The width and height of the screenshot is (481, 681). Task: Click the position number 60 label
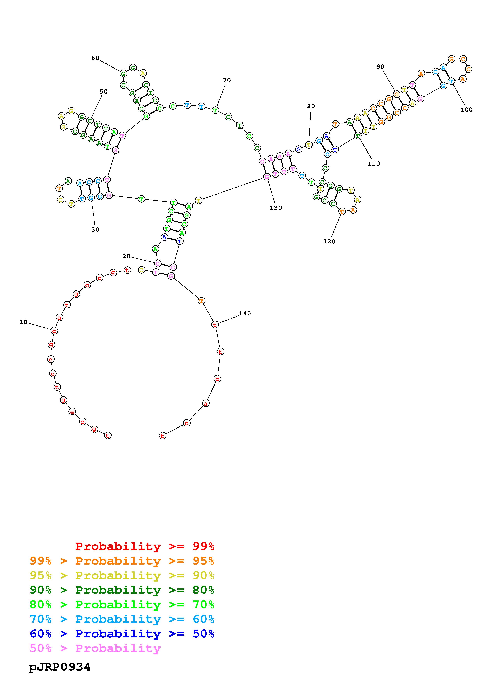click(95, 58)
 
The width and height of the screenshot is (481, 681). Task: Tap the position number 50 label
click(103, 92)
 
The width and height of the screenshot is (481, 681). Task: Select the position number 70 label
click(227, 80)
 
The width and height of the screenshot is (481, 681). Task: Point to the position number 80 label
click(311, 106)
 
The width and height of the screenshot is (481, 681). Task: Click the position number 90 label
click(380, 67)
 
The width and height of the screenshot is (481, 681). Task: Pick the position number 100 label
click(466, 110)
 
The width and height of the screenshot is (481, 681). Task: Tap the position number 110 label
click(374, 164)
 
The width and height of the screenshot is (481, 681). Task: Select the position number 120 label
click(329, 241)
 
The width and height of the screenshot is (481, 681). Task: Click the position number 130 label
click(276, 208)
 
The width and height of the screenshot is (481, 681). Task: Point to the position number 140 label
click(245, 314)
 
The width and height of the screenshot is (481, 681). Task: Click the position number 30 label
click(95, 230)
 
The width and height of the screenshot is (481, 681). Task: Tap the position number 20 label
click(126, 256)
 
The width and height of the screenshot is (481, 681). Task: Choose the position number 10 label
click(23, 322)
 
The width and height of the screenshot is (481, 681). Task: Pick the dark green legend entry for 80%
click(122, 590)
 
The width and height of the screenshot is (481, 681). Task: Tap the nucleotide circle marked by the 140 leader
click(215, 324)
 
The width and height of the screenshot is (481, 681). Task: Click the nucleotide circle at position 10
click(54, 330)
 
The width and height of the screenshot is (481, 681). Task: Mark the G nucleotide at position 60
click(123, 73)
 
